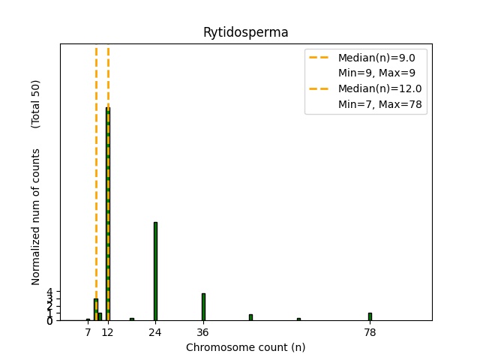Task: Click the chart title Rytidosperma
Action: pyautogui.click(x=245, y=33)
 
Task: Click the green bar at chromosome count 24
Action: pyautogui.click(x=155, y=271)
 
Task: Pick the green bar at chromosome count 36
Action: pyautogui.click(x=203, y=307)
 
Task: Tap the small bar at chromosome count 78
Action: pyautogui.click(x=370, y=316)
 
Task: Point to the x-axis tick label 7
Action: pyautogui.click(x=88, y=331)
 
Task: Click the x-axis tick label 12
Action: pyautogui.click(x=108, y=331)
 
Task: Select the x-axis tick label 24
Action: pyautogui.click(x=155, y=331)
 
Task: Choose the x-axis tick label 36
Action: pyautogui.click(x=203, y=331)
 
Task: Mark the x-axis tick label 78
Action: pyautogui.click(x=370, y=331)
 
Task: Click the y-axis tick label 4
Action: pyautogui.click(x=49, y=291)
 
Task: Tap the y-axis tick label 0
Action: pyautogui.click(x=49, y=320)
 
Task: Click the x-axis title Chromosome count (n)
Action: pyautogui.click(x=245, y=347)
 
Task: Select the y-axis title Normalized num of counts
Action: pyautogui.click(x=36, y=216)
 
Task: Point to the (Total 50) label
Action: pyautogui.click(x=36, y=103)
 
